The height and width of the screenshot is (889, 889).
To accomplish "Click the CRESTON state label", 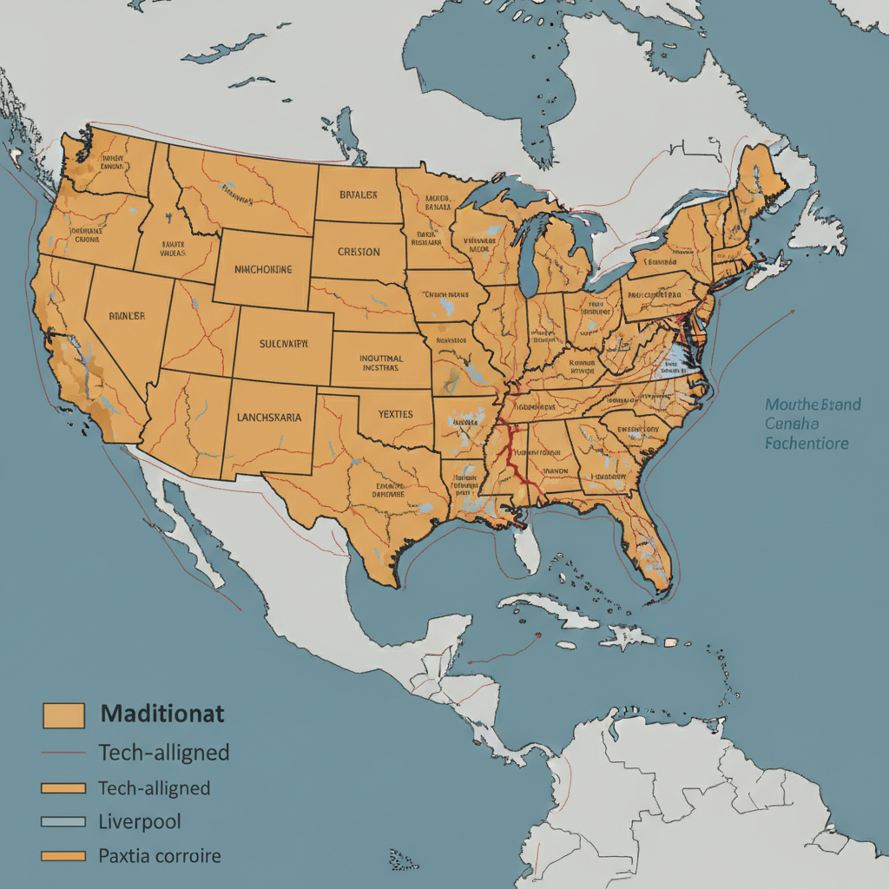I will tap(358, 252).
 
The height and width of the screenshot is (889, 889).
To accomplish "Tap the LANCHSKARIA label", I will tap(269, 417).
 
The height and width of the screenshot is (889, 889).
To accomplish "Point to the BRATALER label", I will tap(358, 195).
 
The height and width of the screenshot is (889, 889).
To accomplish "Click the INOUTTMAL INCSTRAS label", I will tap(380, 362).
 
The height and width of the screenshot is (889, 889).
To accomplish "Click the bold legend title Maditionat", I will tap(162, 714).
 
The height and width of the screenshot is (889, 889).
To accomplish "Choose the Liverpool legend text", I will tap(140, 821).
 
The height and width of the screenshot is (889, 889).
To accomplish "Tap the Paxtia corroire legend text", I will tap(160, 856).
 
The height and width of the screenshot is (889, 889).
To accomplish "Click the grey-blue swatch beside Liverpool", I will tap(63, 821).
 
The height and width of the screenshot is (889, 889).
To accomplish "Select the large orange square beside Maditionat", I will tap(63, 715).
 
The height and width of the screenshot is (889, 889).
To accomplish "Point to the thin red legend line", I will tap(63, 753).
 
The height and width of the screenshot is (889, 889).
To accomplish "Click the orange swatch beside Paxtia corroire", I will tap(63, 857).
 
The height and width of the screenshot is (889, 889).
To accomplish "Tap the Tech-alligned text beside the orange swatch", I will tap(154, 788).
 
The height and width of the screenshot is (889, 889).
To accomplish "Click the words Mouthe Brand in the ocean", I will tap(813, 405).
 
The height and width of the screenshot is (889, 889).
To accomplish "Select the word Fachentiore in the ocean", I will tap(807, 443).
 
